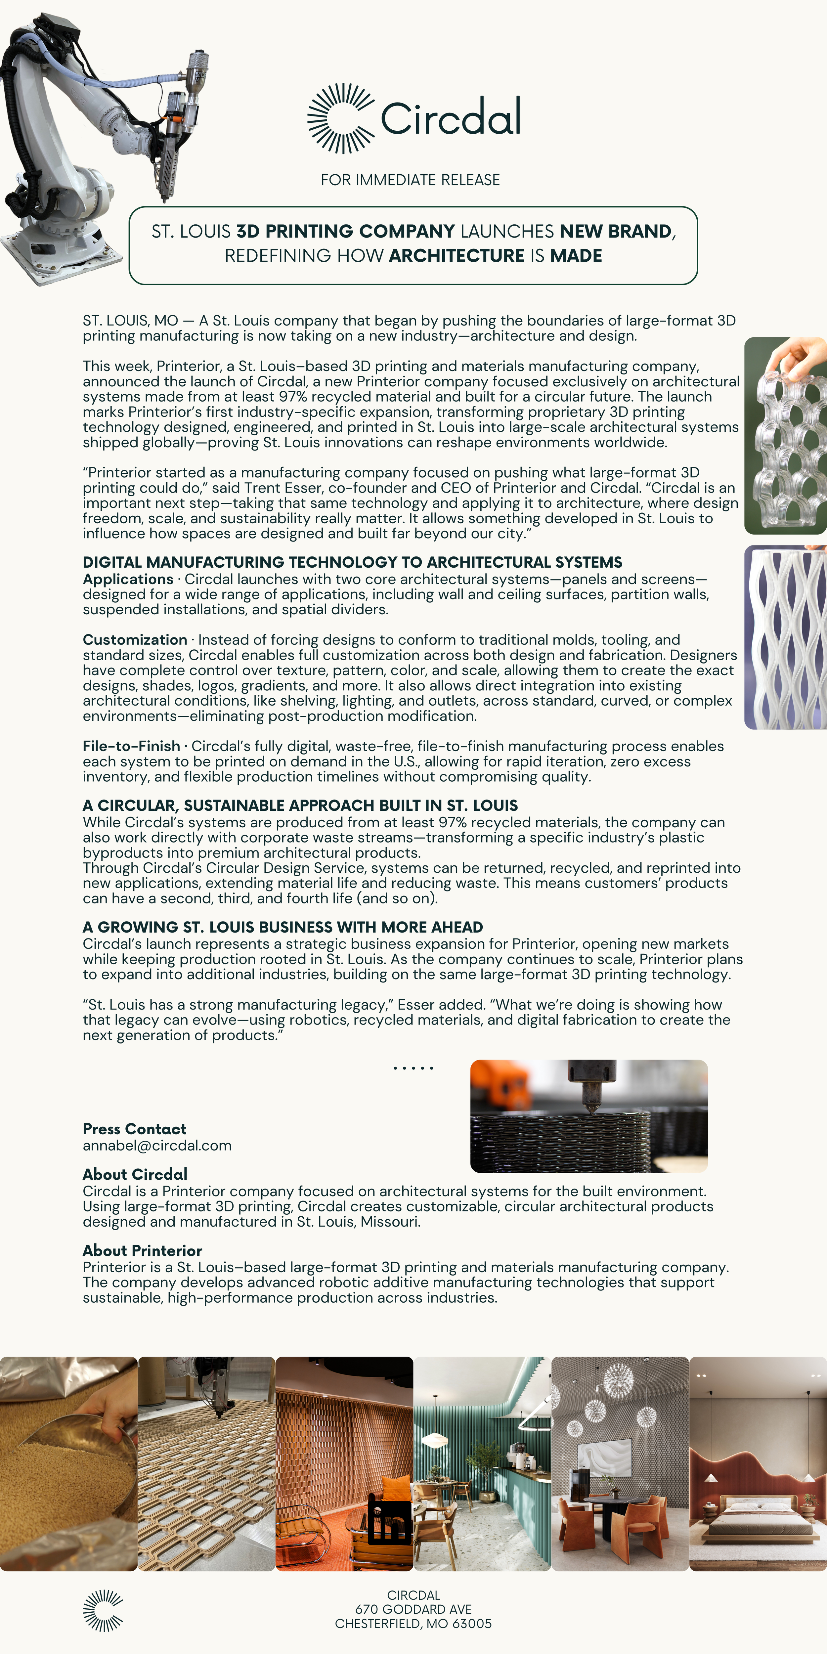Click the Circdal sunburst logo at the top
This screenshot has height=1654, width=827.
point(340,118)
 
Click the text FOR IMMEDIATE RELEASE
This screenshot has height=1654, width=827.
point(410,180)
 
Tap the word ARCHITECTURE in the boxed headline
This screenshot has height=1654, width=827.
point(457,256)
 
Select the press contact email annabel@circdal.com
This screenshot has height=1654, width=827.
point(157,1146)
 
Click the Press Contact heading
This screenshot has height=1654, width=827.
point(134,1129)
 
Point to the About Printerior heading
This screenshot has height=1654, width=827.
point(143,1250)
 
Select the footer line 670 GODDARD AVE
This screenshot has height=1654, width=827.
point(413,1609)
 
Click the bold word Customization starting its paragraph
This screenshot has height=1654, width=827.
point(135,639)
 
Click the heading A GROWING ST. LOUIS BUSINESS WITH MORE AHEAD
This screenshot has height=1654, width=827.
point(283,927)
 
